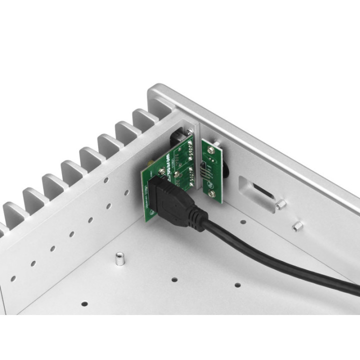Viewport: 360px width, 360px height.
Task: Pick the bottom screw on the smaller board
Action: point(213,192)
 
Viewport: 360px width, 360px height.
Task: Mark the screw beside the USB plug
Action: point(161,172)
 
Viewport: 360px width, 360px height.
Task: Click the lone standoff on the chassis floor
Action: point(119,260)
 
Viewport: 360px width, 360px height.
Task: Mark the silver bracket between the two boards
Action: point(197,150)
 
